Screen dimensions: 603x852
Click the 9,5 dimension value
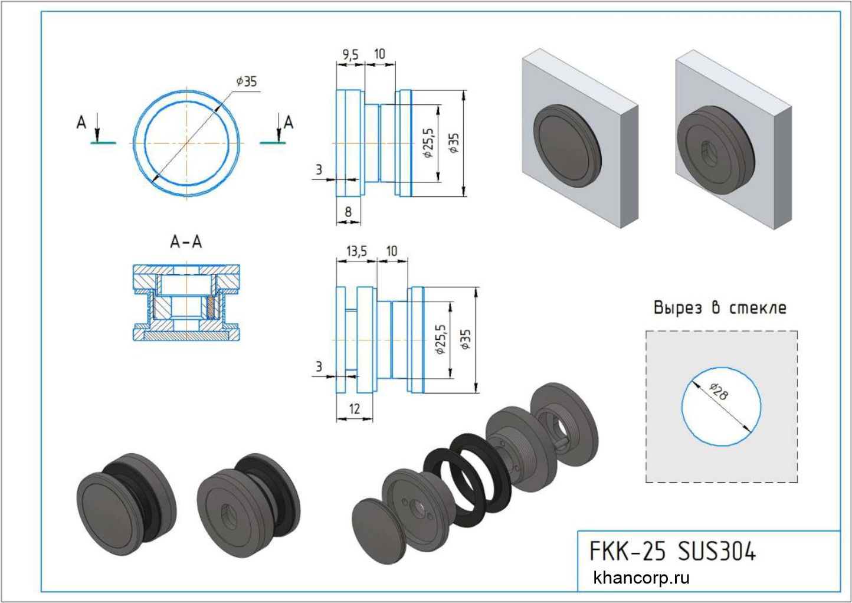(x=350, y=55)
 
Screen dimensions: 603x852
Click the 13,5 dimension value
(x=356, y=252)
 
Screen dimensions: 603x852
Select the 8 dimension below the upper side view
(x=348, y=211)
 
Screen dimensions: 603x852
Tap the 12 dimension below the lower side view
(x=354, y=408)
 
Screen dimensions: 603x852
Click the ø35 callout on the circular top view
(x=247, y=81)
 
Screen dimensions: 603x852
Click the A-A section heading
(x=186, y=242)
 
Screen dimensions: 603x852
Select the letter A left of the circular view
(x=81, y=123)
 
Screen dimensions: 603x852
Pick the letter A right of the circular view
(x=289, y=123)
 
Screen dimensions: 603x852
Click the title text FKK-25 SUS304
(x=673, y=552)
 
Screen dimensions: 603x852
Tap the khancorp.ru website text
(x=641, y=578)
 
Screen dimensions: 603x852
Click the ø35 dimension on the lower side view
(x=466, y=340)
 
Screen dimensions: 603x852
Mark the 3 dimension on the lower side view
(x=319, y=367)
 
